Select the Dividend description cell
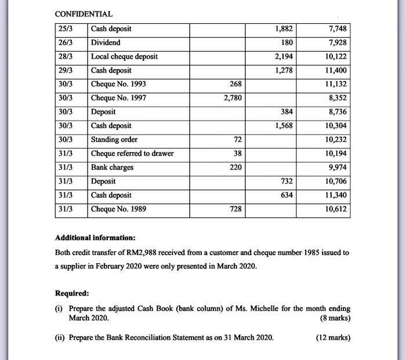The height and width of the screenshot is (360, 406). click(x=106, y=42)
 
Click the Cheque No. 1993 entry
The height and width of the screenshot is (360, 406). click(x=118, y=84)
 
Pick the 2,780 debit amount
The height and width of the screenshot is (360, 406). click(x=233, y=98)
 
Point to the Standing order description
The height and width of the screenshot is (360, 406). click(x=114, y=140)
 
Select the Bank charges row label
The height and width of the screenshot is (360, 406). click(x=113, y=168)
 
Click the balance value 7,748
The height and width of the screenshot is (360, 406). click(x=336, y=28)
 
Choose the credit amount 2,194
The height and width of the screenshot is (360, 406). click(x=283, y=56)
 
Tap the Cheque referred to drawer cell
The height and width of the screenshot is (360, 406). click(x=132, y=154)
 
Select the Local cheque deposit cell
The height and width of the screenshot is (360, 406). click(x=124, y=56)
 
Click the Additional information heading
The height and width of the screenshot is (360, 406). click(x=95, y=238)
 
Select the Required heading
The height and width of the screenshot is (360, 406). click(x=72, y=293)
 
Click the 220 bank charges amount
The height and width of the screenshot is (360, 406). click(x=234, y=168)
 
